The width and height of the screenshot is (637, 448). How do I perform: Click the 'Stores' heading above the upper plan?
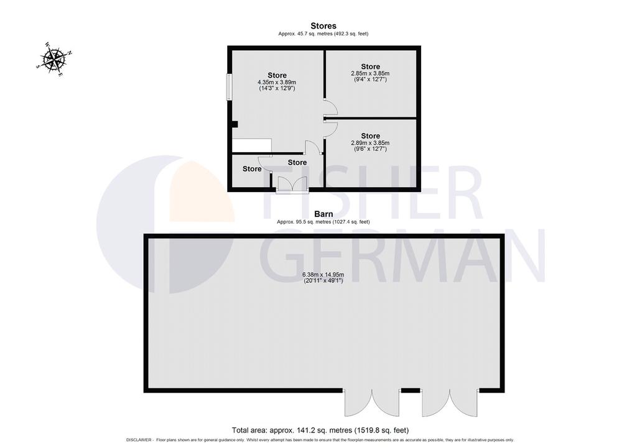[x=323, y=26]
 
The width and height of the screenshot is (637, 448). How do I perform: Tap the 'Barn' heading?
[x=323, y=214]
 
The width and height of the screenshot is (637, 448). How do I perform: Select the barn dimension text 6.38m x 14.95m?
[x=323, y=275]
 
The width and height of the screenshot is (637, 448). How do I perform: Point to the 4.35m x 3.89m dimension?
[x=277, y=82]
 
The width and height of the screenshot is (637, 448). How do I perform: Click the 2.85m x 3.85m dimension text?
[x=370, y=73]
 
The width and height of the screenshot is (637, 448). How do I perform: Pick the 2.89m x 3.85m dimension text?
[x=370, y=143]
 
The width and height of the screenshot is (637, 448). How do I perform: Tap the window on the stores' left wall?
[x=229, y=86]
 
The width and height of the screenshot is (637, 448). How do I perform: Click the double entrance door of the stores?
[x=292, y=185]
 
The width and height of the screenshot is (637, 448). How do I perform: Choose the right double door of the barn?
[x=450, y=403]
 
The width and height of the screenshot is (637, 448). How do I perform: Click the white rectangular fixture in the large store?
[x=252, y=145]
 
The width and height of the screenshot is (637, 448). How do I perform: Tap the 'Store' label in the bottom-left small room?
[x=252, y=169]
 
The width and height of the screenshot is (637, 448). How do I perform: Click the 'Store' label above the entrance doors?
[x=297, y=162]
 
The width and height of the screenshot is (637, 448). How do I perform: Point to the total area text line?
[x=320, y=430]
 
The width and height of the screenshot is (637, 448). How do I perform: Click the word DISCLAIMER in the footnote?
[x=139, y=440]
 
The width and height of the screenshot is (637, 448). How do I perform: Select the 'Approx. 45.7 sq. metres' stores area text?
[x=305, y=34]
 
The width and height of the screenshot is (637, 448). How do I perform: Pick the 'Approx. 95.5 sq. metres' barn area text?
[x=304, y=222]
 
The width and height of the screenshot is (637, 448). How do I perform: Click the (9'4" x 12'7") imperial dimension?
[x=370, y=80]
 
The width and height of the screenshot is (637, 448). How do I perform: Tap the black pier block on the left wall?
[x=235, y=125]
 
